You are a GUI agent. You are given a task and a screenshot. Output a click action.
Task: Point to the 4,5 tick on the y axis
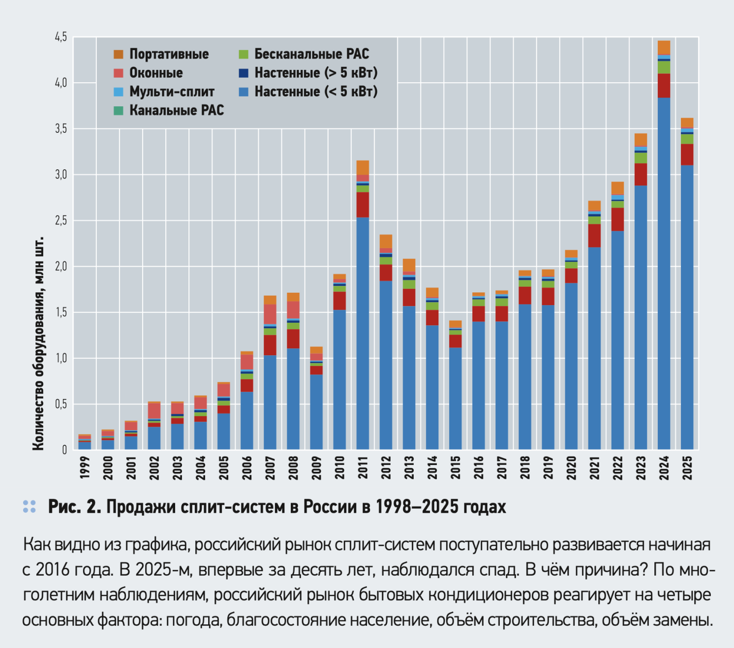tap(61, 37)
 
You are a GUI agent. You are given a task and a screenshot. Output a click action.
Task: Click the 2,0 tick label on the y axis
tap(61, 267)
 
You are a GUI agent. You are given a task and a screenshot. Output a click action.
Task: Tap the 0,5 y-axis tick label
tap(61, 404)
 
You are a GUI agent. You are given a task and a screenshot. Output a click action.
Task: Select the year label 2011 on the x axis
tap(363, 467)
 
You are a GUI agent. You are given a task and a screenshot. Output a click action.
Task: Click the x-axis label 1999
tap(85, 467)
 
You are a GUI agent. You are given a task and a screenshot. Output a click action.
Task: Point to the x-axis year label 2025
tap(687, 467)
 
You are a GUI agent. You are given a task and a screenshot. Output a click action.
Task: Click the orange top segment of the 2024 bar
tap(664, 47)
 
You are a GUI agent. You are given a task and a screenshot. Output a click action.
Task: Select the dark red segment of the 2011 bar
tap(363, 205)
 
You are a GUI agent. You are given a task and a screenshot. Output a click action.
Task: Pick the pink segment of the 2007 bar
tap(270, 314)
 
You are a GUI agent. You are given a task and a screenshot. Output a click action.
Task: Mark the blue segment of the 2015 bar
tap(456, 399)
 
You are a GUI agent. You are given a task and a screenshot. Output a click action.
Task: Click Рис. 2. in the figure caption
tap(74, 507)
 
